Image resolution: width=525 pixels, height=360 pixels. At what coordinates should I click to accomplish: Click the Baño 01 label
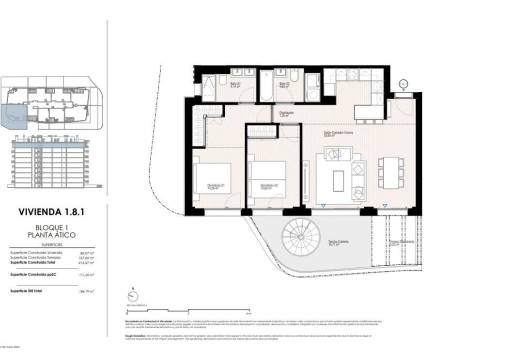click(237, 85)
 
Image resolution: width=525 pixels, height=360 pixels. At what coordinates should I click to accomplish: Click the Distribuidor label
click(286, 113)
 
